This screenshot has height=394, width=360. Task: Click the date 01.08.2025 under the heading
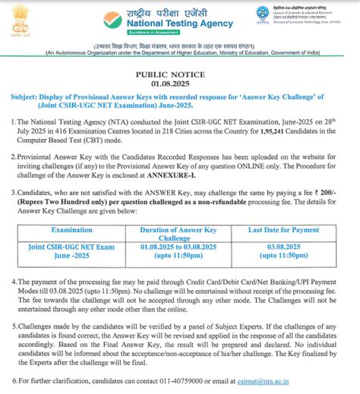[x=179, y=85]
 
